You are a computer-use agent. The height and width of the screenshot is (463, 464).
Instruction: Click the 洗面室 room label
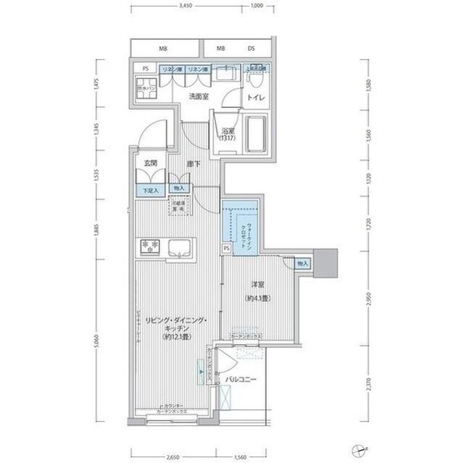(x=199, y=96)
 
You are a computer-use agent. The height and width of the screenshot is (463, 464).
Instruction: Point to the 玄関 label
(x=150, y=164)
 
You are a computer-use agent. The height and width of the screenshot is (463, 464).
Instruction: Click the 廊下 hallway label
(x=193, y=164)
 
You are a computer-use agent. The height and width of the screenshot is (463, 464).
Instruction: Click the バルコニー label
(x=240, y=379)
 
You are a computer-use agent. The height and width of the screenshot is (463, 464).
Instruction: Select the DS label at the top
(x=251, y=49)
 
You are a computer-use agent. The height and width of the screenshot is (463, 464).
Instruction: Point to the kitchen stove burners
(x=149, y=247)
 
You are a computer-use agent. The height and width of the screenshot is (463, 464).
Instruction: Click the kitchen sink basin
(x=178, y=249)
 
